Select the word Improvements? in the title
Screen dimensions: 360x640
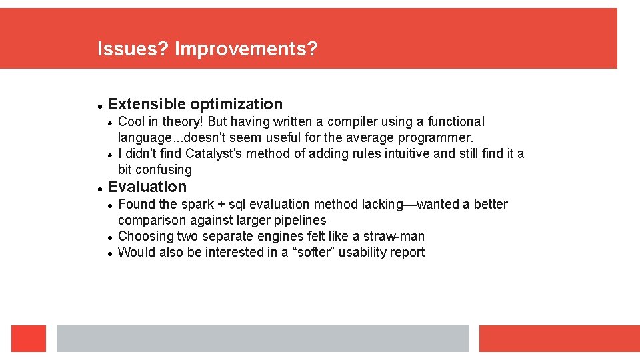pyautogui.click(x=246, y=49)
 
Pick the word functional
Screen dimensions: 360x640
pyautogui.click(x=456, y=121)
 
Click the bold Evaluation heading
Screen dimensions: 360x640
pyautogui.click(x=147, y=187)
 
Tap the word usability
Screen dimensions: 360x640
pyautogui.click(x=363, y=252)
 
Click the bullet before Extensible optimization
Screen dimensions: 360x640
pyautogui.click(x=99, y=105)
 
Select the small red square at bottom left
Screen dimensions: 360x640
pyautogui.click(x=29, y=338)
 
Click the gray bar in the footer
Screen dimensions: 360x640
pyautogui.click(x=262, y=338)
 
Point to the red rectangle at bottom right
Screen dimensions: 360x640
pyautogui.click(x=559, y=338)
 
